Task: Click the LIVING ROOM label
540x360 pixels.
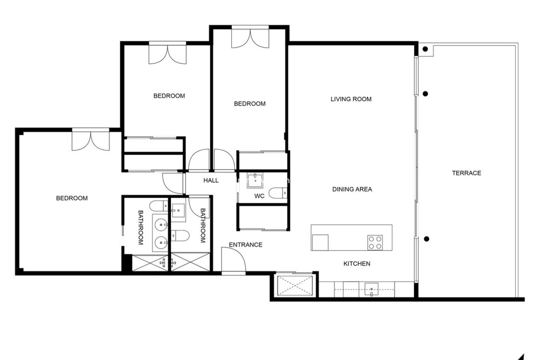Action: coord(351,99)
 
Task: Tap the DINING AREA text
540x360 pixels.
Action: coord(352,189)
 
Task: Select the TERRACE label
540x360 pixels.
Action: coord(466,173)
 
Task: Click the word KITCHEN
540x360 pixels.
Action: coord(357,264)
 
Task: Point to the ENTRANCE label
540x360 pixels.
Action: coord(246,245)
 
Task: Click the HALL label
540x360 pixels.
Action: coord(211,180)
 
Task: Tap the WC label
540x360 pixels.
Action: coord(259,196)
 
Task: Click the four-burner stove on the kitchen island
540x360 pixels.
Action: coord(375,243)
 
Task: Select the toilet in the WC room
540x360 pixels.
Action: coord(278,193)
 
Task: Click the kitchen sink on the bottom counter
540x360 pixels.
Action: coord(371,289)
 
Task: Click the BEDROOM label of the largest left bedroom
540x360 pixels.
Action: coord(72,198)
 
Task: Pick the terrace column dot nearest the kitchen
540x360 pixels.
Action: coord(426,239)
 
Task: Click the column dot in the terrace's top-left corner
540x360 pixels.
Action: coord(425,49)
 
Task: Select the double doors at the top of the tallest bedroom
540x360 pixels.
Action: coord(250,38)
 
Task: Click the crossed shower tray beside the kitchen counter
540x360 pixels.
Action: coord(295,286)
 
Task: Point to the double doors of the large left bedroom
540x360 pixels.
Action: coord(91,141)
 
